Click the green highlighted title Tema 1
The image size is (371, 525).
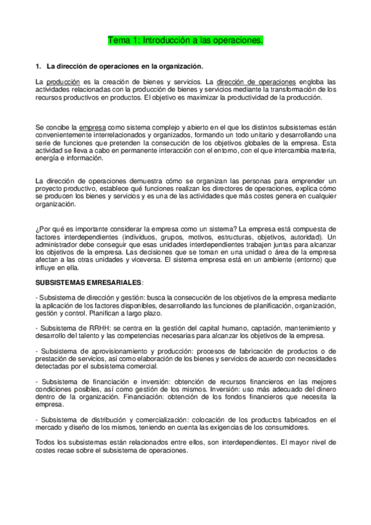coord(186,40)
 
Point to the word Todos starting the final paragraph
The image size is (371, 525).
coord(45,443)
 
